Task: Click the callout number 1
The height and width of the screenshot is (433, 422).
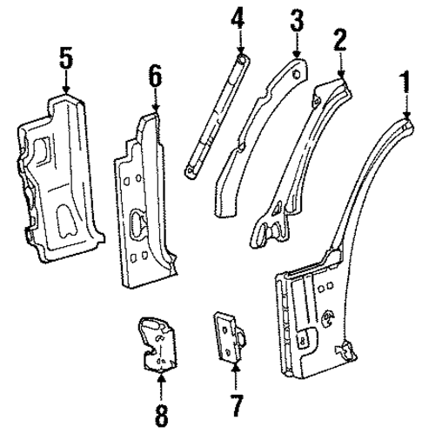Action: [403, 84]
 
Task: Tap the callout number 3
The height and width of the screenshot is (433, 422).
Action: [298, 19]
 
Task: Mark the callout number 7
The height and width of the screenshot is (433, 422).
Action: [235, 405]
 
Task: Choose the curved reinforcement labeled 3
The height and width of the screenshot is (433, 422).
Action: [261, 130]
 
